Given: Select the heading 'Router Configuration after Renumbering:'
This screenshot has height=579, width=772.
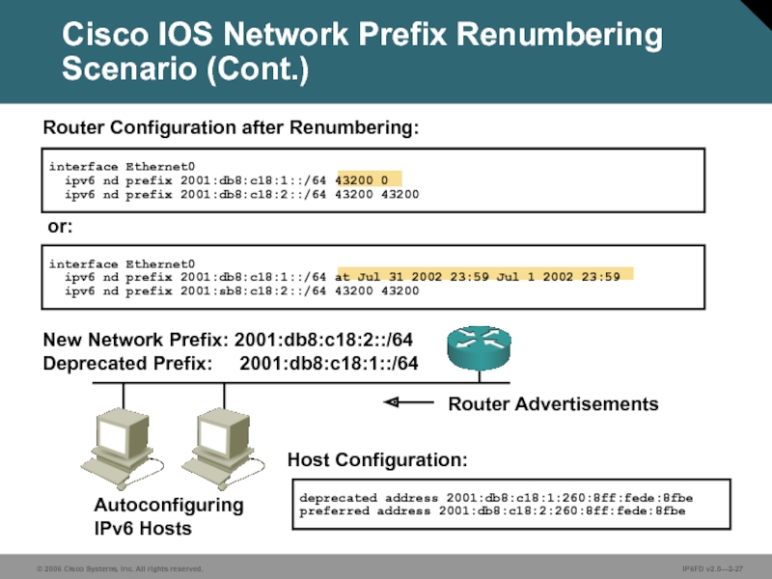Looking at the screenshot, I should point(231,127).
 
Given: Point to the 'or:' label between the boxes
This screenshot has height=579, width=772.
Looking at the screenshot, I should point(60,229).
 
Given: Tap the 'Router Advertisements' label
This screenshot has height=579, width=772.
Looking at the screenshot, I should point(553,403).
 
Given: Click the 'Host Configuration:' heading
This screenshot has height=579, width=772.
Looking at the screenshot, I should point(377,458).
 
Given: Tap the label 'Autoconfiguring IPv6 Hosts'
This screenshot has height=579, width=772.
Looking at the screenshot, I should point(168,517).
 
